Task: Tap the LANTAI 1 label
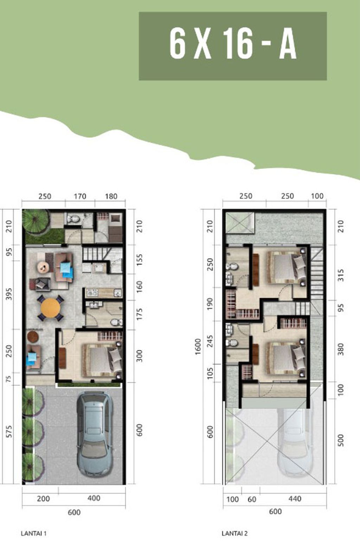click(34, 533)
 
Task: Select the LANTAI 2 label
click(234, 533)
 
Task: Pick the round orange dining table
click(50, 308)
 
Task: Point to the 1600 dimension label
click(198, 347)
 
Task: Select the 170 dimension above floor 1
click(80, 196)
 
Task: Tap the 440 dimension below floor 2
click(295, 499)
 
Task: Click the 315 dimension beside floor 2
click(341, 275)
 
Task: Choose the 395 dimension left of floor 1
click(9, 294)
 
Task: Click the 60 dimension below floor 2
click(252, 499)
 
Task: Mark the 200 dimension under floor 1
click(43, 499)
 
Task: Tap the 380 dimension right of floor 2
click(341, 349)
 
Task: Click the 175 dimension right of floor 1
click(139, 314)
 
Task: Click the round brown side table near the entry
click(33, 336)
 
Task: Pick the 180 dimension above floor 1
click(111, 196)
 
